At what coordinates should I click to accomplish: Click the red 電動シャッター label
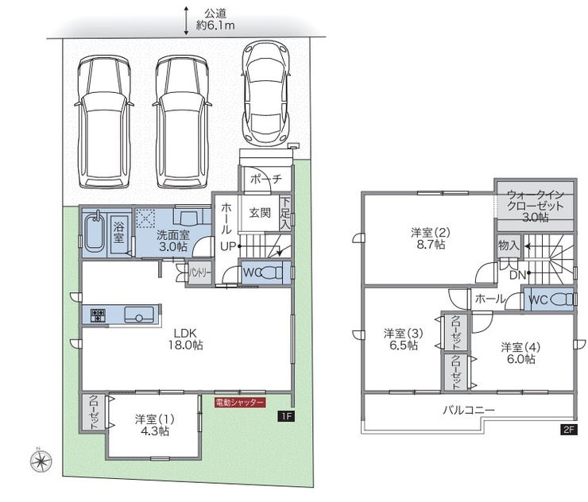click(x=240, y=402)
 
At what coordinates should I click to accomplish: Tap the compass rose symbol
click(x=41, y=460)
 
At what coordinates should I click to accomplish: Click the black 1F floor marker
click(x=286, y=415)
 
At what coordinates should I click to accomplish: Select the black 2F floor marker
click(x=568, y=429)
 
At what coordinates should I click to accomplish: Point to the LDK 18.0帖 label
click(x=186, y=339)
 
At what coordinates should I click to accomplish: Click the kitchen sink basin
click(x=139, y=315)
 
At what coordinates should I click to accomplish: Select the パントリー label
click(x=199, y=273)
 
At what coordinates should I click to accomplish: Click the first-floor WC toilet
click(x=270, y=272)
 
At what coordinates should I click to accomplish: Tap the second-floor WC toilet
click(x=561, y=299)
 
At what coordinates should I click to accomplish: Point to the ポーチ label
click(x=266, y=179)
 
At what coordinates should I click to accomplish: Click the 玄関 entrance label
click(x=260, y=213)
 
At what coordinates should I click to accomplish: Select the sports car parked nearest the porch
click(x=266, y=93)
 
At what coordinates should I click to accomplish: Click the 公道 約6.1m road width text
click(x=215, y=20)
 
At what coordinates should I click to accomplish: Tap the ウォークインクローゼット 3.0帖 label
click(x=535, y=206)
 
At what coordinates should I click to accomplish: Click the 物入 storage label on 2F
click(x=509, y=245)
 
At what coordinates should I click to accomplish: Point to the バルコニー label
click(x=469, y=410)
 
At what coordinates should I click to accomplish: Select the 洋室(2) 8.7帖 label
click(x=431, y=238)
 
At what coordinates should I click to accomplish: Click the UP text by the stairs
click(x=228, y=246)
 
